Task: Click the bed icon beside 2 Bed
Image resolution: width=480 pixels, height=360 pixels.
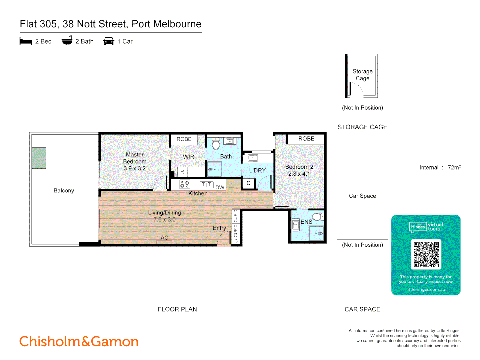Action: coord(26,41)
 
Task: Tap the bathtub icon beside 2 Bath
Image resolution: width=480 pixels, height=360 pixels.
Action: coord(67,41)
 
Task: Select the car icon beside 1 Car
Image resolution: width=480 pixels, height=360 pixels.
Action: coord(109,41)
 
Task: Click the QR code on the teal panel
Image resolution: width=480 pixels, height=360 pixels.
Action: coord(426,254)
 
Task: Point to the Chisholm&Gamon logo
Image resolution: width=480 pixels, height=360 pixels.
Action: coord(79,342)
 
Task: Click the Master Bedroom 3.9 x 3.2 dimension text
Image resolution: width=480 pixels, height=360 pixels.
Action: coord(135,169)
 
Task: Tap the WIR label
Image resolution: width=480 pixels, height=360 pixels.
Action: coord(188,157)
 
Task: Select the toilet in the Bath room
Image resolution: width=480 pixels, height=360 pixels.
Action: coord(216,144)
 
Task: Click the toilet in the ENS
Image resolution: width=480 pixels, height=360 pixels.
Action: coord(317,217)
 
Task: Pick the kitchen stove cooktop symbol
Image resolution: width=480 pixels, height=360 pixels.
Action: coord(185,184)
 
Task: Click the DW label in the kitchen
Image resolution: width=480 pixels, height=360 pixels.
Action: coord(220,187)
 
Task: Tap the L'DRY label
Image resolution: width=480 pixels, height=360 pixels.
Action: coord(257,170)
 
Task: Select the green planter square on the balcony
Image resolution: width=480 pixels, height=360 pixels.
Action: coord(39,158)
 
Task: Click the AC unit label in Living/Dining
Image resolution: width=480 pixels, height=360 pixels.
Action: coord(164,238)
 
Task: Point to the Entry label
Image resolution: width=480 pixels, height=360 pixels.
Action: coord(219,228)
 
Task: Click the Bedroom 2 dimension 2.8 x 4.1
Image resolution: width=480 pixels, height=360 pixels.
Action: coord(299,174)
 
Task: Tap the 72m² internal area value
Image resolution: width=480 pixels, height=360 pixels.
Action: coord(454,167)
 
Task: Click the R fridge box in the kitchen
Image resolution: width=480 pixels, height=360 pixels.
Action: coord(182,172)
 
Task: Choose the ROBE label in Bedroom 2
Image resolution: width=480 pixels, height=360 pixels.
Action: coord(306,139)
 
